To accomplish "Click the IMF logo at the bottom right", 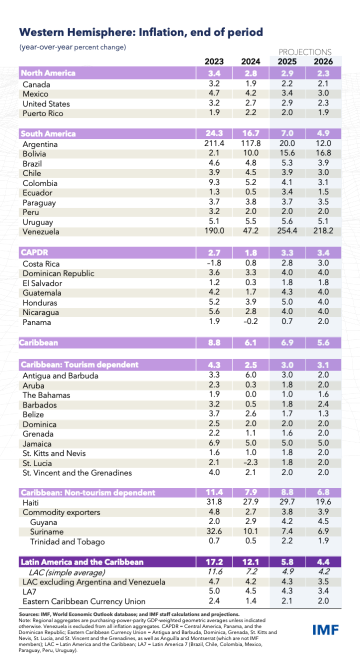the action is (x=325, y=630).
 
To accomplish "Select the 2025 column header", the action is (x=287, y=61).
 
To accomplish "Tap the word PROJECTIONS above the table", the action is (x=305, y=52).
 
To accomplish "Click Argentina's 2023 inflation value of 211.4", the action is (x=214, y=143).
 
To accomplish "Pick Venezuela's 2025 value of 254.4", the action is (x=287, y=231).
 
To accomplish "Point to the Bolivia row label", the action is (x=34, y=154).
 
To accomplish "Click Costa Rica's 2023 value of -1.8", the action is (x=214, y=263).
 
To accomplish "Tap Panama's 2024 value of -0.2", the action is (x=250, y=321).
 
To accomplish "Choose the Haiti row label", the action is (x=30, y=503).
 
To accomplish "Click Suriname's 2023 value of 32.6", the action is (x=214, y=531).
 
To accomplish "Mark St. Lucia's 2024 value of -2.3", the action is (x=250, y=462).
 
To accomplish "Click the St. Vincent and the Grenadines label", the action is (x=77, y=473).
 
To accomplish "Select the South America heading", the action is (x=48, y=133).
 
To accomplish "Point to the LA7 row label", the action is (x=29, y=591).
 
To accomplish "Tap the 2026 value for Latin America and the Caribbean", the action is (x=323, y=562).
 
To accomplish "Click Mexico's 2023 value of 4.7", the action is (x=214, y=93).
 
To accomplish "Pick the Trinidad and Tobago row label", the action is (x=67, y=541).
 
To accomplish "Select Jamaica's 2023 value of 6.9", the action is (x=214, y=442).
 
